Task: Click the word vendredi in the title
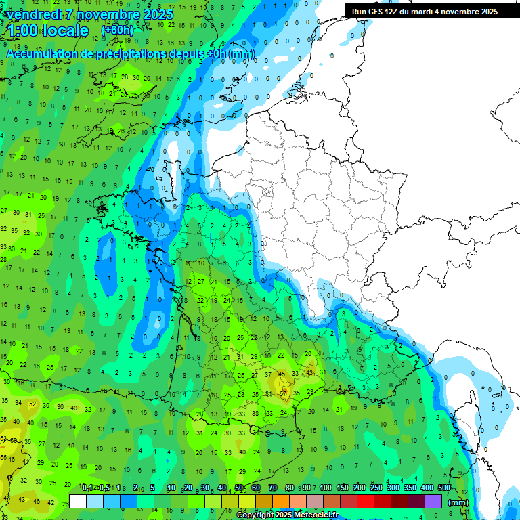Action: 31,14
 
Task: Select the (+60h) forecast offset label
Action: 117,30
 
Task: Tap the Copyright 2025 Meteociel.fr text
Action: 287,515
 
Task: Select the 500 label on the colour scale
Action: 444,487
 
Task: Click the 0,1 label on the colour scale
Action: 87,487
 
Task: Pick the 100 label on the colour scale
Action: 326,487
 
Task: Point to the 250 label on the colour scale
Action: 376,487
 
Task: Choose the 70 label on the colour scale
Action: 272,487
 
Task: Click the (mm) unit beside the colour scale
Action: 458,502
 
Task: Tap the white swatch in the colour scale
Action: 78,502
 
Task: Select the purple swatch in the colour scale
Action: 433,502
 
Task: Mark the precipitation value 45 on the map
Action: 282,374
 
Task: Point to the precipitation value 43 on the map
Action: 309,373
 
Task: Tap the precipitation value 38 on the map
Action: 255,413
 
